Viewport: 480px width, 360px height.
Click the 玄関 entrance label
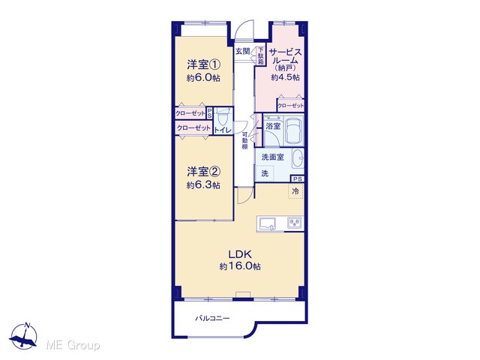tap(243, 51)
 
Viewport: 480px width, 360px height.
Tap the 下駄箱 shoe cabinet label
tap(261, 55)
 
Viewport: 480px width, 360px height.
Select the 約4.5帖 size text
tap(285, 77)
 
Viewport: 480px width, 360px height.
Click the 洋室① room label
tap(204, 65)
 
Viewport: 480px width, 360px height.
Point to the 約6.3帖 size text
tap(203, 185)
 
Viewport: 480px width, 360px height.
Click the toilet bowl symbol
tap(223, 117)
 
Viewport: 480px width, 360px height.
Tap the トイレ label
tap(223, 130)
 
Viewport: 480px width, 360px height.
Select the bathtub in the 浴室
tap(293, 131)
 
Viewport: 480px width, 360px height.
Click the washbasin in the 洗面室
tap(298, 158)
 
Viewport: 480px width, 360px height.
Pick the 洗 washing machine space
tap(265, 173)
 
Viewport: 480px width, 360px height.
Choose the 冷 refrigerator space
tap(295, 191)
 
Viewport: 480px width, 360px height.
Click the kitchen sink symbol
tap(267, 223)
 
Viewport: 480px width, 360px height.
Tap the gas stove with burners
tap(295, 223)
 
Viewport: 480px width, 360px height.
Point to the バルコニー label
tap(212, 318)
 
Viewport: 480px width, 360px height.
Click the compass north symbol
tap(24, 336)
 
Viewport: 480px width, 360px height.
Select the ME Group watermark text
tap(73, 345)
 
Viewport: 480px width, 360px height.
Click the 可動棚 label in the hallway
tap(245, 141)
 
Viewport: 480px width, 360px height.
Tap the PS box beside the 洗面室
tap(297, 178)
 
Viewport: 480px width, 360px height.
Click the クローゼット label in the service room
tap(290, 106)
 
